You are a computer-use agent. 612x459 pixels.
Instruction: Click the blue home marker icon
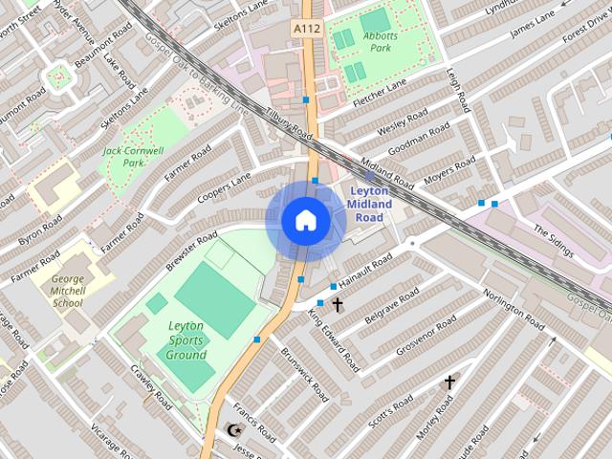306,221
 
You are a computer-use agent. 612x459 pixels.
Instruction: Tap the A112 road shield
306,30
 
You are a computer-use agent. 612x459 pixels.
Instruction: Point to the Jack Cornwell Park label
134,157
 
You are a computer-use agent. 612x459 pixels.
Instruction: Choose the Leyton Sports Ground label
186,340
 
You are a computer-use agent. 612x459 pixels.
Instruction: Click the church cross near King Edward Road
337,305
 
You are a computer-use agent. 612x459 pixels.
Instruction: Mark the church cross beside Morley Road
449,382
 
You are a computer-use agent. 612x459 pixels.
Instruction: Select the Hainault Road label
367,272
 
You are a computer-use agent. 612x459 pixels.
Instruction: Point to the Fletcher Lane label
381,93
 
